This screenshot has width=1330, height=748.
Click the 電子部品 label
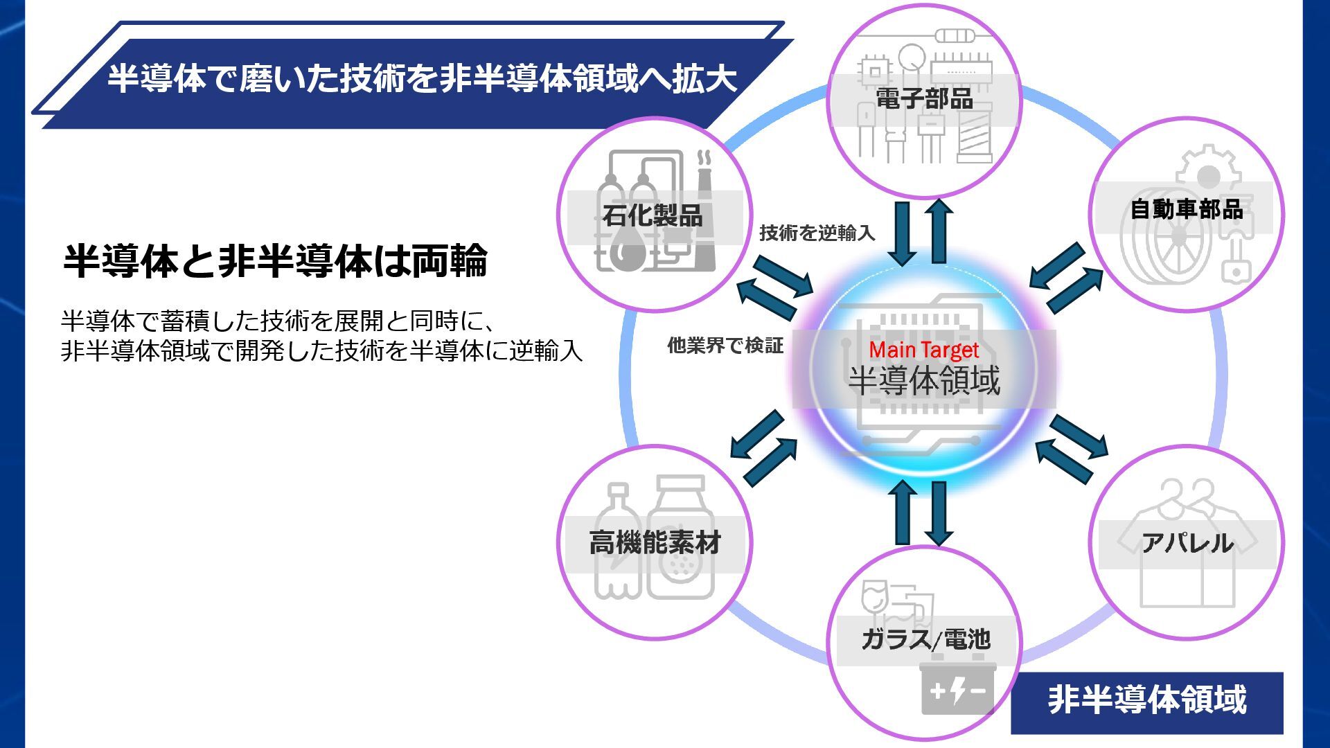pos(924,99)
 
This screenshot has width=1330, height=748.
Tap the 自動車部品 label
pos(1186,208)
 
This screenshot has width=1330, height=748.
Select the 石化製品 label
pos(653,215)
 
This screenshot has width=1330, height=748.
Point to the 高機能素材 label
pos(655,542)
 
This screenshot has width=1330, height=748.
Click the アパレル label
pos(1187,542)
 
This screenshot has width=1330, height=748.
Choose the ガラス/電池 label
pos(925,639)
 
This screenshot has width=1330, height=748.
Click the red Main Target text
pos(923,350)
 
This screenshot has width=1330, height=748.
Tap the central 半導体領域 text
pos(924,380)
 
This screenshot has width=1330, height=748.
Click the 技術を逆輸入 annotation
pos(817,233)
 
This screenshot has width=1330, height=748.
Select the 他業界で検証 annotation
pos(725,345)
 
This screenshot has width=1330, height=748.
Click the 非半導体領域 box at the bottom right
pos(1146,700)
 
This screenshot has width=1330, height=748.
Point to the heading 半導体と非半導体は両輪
pos(275,261)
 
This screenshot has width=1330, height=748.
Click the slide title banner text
pos(422,78)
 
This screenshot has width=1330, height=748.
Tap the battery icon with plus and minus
pos(957,690)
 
